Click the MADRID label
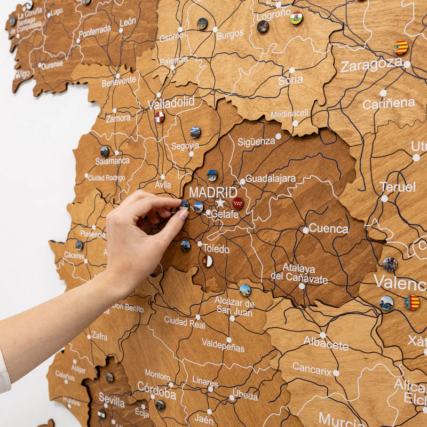pos(213,192)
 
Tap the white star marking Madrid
pos(220,203)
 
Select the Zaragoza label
pos(371,65)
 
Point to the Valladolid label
pos(171,103)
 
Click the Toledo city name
pos(216,249)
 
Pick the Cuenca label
pos(328,228)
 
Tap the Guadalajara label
pos(270,179)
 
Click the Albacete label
pos(326,343)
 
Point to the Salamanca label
pos(112,161)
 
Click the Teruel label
pos(398,187)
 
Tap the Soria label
pos(290,81)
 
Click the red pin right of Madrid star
pos(238,203)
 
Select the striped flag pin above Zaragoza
pos(401,48)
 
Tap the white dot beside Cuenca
pos(305,230)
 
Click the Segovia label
pos(185,146)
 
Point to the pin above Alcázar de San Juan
pos(245,290)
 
